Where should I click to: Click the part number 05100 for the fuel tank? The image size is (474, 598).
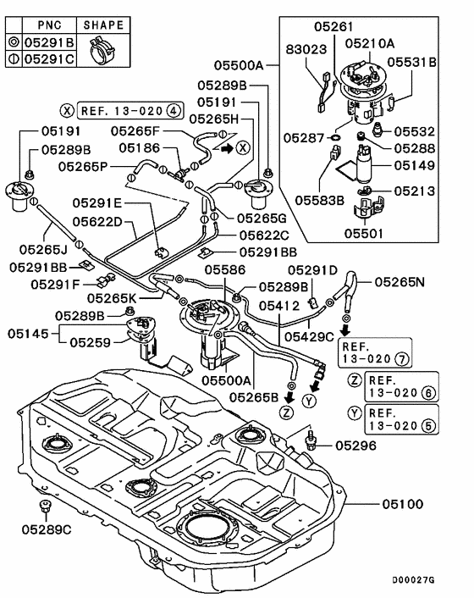pyautogui.click(x=403, y=504)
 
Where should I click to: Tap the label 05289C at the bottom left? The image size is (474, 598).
pyautogui.click(x=47, y=529)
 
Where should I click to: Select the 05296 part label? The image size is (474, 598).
pyautogui.click(x=355, y=446)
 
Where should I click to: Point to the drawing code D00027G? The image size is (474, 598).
pyautogui.click(x=413, y=580)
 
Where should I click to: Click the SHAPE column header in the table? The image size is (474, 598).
pyautogui.click(x=103, y=25)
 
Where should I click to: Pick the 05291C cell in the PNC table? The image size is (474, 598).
pyautogui.click(x=49, y=59)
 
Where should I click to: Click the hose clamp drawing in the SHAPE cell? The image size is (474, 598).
pyautogui.click(x=102, y=50)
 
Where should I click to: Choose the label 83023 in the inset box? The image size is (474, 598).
pyautogui.click(x=306, y=49)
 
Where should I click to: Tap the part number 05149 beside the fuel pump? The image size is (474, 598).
pyautogui.click(x=414, y=165)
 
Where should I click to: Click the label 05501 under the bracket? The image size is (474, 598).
pyautogui.click(x=363, y=233)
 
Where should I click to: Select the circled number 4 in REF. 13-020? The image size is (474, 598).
pyautogui.click(x=174, y=111)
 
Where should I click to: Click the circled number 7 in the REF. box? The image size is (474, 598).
pyautogui.click(x=402, y=358)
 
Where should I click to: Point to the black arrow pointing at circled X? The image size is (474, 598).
pyautogui.click(x=227, y=148)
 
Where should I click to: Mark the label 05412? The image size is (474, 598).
pyautogui.click(x=279, y=306)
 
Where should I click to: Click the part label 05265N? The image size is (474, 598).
pyautogui.click(x=400, y=282)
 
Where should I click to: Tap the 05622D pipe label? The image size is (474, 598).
pyautogui.click(x=97, y=221)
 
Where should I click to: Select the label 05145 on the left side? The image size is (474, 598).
pyautogui.click(x=28, y=334)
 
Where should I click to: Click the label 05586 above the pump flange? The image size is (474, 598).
pyautogui.click(x=225, y=269)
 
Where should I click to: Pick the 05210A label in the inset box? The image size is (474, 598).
pyautogui.click(x=370, y=43)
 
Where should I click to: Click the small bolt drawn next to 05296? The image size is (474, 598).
pyautogui.click(x=311, y=440)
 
